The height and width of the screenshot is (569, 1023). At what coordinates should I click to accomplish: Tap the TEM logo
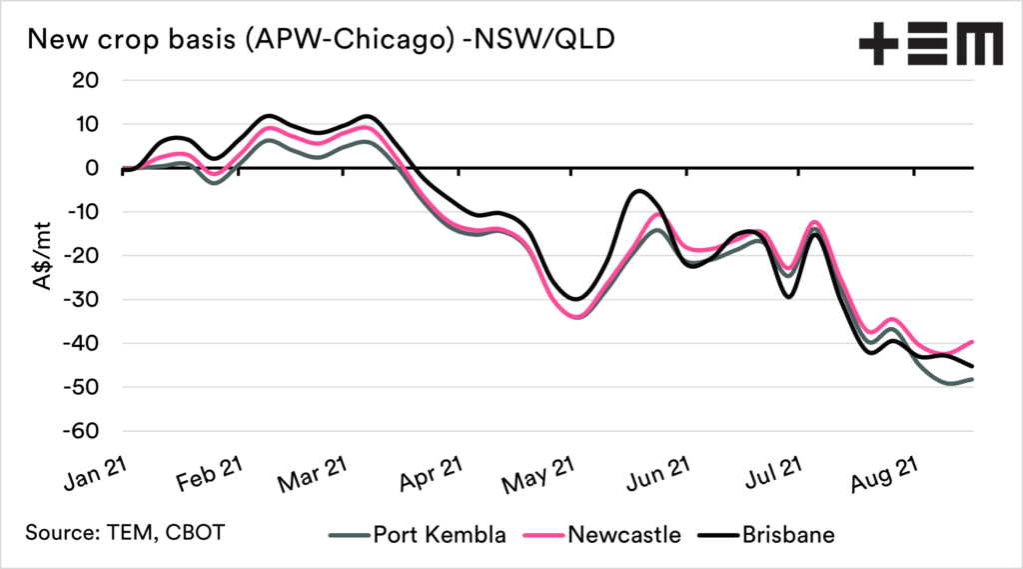[930, 44]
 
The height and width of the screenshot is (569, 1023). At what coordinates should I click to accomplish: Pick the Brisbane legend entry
[788, 535]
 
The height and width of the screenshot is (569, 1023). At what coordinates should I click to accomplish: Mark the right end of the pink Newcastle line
[972, 341]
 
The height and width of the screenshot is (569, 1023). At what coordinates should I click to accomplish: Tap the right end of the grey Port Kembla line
[972, 379]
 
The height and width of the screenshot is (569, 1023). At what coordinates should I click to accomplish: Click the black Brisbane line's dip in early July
[790, 296]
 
